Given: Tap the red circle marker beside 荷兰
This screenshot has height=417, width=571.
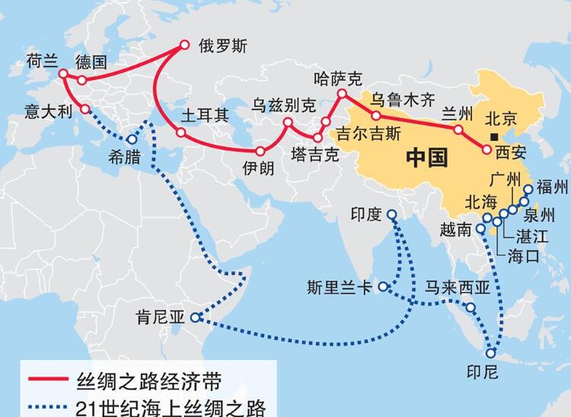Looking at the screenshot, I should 63,75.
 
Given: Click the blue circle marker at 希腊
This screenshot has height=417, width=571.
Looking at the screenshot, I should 132,140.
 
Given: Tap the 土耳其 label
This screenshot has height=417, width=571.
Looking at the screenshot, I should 204,116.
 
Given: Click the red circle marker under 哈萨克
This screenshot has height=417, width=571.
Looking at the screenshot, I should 342,95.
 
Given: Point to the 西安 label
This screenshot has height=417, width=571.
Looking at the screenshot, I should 511,153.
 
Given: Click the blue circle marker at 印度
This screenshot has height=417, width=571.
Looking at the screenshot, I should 392,215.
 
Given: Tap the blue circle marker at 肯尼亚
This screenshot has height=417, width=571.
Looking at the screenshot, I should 196,317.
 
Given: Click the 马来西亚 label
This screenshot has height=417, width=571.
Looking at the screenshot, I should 457,287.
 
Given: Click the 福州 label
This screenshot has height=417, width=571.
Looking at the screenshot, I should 552,187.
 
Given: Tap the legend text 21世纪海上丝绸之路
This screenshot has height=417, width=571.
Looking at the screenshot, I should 172,406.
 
